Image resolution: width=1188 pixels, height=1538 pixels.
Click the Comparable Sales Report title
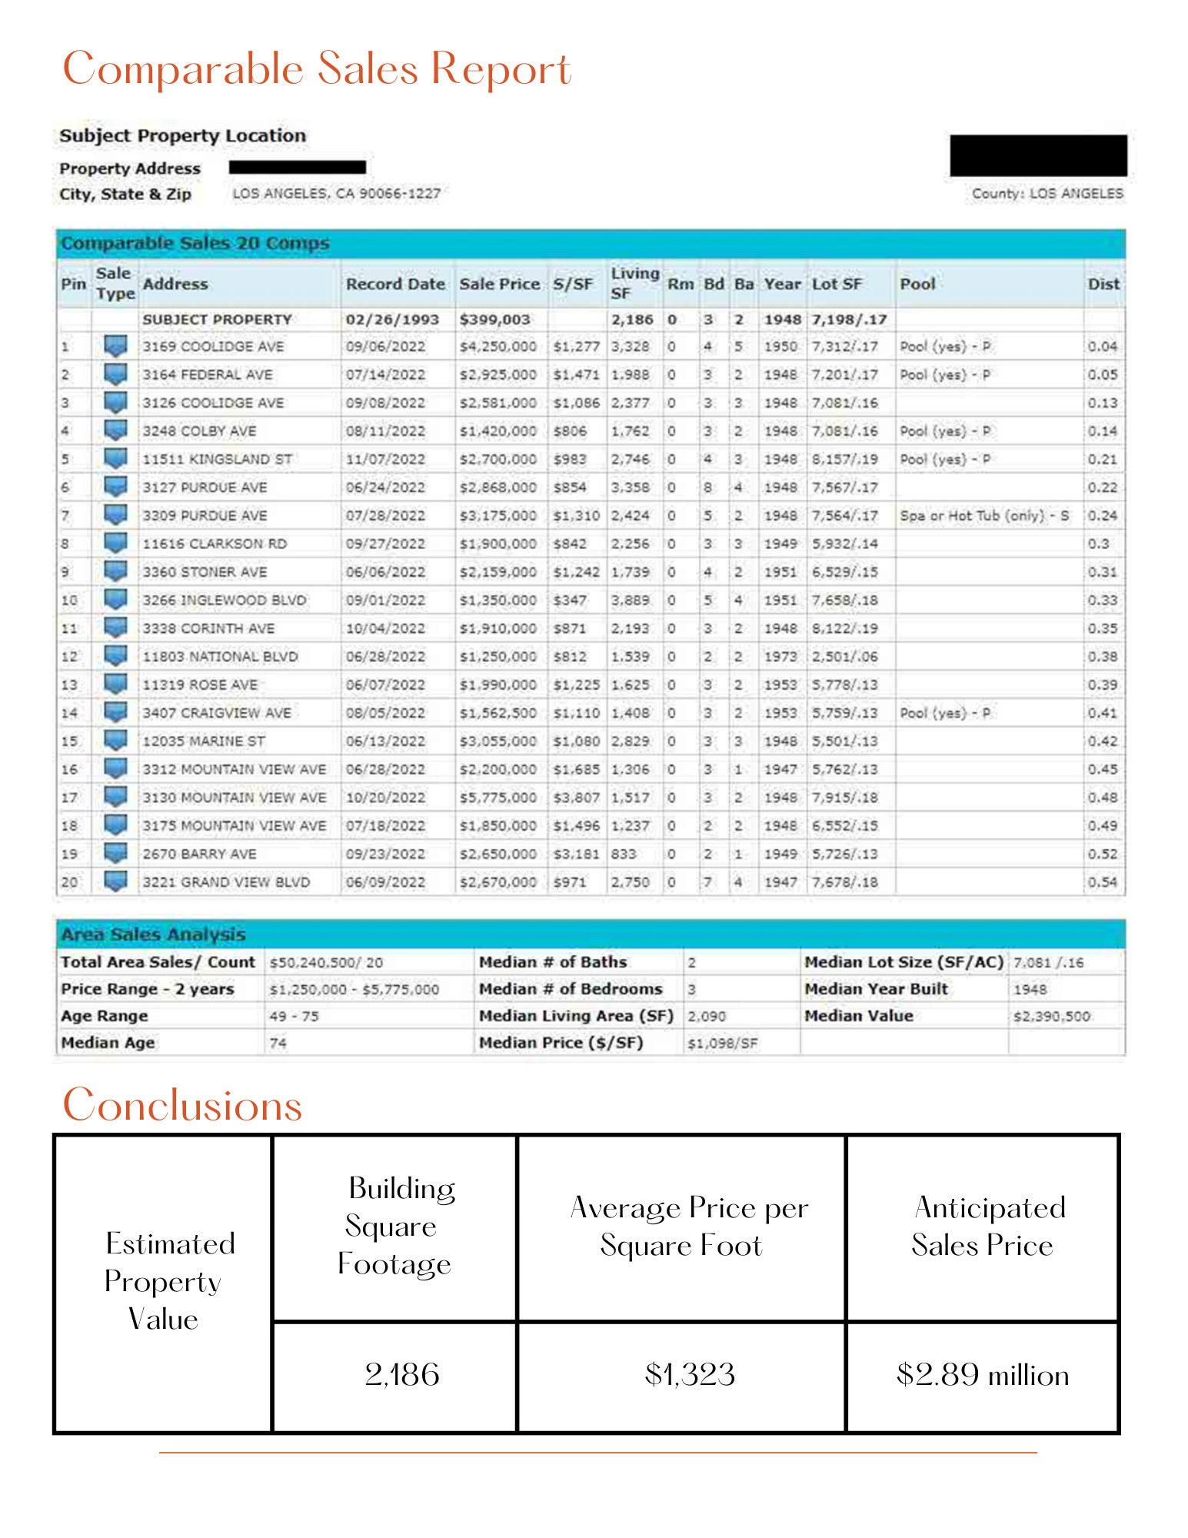316,69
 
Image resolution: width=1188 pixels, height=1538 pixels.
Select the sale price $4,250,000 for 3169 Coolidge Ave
497,347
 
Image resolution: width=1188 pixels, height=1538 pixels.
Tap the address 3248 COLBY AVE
199,431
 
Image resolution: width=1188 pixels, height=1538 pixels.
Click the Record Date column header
395,284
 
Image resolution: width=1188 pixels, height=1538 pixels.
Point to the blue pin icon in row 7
115,514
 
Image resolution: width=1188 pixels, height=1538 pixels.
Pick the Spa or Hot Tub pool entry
984,516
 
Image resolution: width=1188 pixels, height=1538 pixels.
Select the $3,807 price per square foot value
575,798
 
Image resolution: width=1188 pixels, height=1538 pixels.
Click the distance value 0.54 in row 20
1102,883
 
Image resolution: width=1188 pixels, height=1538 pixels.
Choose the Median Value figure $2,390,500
1051,1017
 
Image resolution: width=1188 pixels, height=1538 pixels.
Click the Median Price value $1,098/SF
722,1044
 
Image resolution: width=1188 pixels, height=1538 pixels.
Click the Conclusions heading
182,1106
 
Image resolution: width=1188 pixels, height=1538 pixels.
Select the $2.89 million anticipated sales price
982,1375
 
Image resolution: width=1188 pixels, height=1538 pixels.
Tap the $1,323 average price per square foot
690,1375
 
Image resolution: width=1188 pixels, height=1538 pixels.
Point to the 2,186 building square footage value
401,1375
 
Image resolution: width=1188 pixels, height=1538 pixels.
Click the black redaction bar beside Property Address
297,167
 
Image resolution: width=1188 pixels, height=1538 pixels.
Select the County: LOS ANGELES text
1047,194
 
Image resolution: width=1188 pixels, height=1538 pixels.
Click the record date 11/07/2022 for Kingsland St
385,460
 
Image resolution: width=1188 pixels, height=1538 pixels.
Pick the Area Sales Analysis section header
153,934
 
